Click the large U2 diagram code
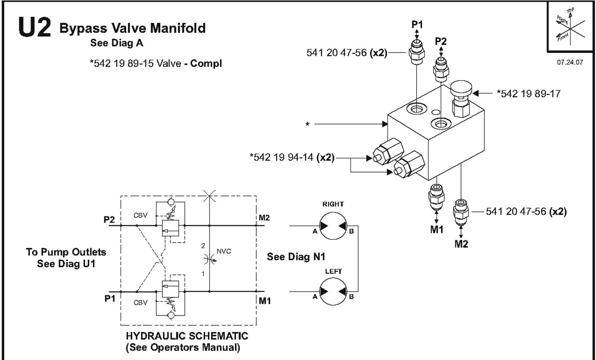point(35,28)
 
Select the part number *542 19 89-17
point(529,94)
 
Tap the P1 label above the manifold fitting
point(417,25)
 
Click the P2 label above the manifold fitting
point(441,41)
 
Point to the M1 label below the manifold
point(436,230)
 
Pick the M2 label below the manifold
point(461,244)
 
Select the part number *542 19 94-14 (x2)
point(292,158)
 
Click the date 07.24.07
point(570,63)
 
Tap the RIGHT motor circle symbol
point(333,226)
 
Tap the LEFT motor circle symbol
point(333,292)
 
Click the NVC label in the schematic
point(224,252)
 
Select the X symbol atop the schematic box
point(210,195)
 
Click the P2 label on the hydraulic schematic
point(109,220)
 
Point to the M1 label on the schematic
point(264,301)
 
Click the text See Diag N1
point(296,257)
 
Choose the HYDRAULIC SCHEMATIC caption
point(186,336)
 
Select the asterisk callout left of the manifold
point(307,124)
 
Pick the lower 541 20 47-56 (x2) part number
point(526,212)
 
